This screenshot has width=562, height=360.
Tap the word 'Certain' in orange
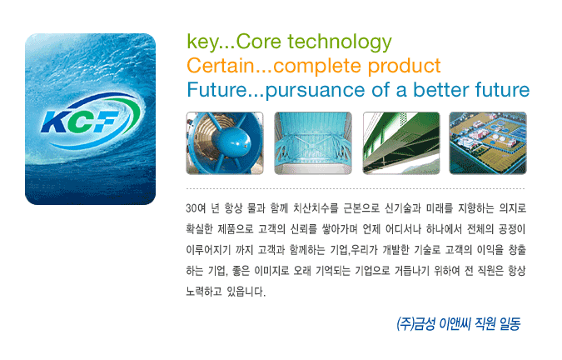(220, 66)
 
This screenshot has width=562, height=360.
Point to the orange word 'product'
(404, 67)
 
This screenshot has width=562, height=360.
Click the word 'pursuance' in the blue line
(315, 91)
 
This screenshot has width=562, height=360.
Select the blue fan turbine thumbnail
(225, 143)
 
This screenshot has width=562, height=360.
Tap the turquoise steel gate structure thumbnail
(313, 143)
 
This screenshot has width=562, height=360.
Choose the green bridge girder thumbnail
(401, 143)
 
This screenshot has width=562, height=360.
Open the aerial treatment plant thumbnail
(488, 143)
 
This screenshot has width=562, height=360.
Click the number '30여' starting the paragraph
(196, 208)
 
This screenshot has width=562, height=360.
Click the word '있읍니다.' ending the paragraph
(246, 292)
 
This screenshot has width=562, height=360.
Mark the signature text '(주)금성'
(415, 324)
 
